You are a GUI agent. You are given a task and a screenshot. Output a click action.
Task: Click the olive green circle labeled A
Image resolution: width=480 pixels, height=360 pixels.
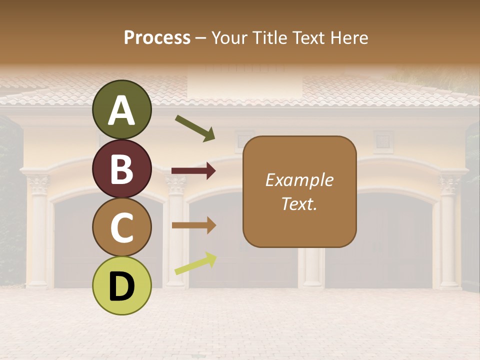121,110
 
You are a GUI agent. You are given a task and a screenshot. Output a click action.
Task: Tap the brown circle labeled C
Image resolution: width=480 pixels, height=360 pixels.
121,227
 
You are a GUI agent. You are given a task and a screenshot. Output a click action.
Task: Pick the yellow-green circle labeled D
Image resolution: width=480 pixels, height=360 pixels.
121,285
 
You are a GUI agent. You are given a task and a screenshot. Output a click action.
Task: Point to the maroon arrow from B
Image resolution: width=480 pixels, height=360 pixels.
193,171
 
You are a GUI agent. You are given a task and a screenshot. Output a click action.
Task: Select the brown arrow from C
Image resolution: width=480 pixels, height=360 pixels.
193,225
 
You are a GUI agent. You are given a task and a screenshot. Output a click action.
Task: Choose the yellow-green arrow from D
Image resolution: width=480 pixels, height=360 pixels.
195,263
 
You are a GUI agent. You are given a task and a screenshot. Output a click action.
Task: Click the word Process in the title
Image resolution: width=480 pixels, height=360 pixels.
157,37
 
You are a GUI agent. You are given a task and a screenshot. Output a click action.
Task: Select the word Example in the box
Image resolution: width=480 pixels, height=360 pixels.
299,180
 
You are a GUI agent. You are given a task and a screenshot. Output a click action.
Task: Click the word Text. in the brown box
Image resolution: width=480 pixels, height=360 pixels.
299,203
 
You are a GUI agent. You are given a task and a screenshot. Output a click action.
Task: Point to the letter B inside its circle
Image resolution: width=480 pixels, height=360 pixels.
121,169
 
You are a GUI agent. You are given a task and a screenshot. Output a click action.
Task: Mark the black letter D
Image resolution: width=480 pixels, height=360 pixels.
121,286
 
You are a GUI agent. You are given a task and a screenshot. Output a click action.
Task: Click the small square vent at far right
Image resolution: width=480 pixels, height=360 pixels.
383,140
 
